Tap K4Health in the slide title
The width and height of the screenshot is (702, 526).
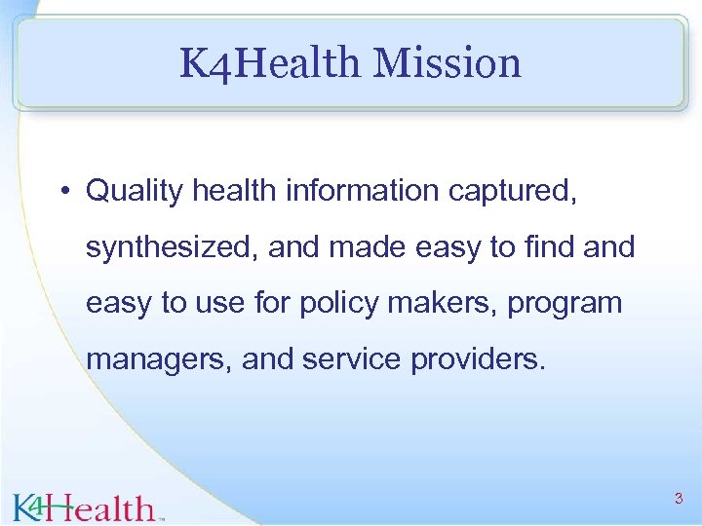tap(270, 63)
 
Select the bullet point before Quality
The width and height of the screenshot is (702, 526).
tap(62, 191)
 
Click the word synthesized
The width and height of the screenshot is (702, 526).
tap(172, 247)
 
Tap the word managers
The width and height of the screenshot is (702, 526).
tap(155, 359)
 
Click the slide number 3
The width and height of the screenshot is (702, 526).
tap(679, 499)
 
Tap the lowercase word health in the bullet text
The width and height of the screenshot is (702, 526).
tap(234, 191)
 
